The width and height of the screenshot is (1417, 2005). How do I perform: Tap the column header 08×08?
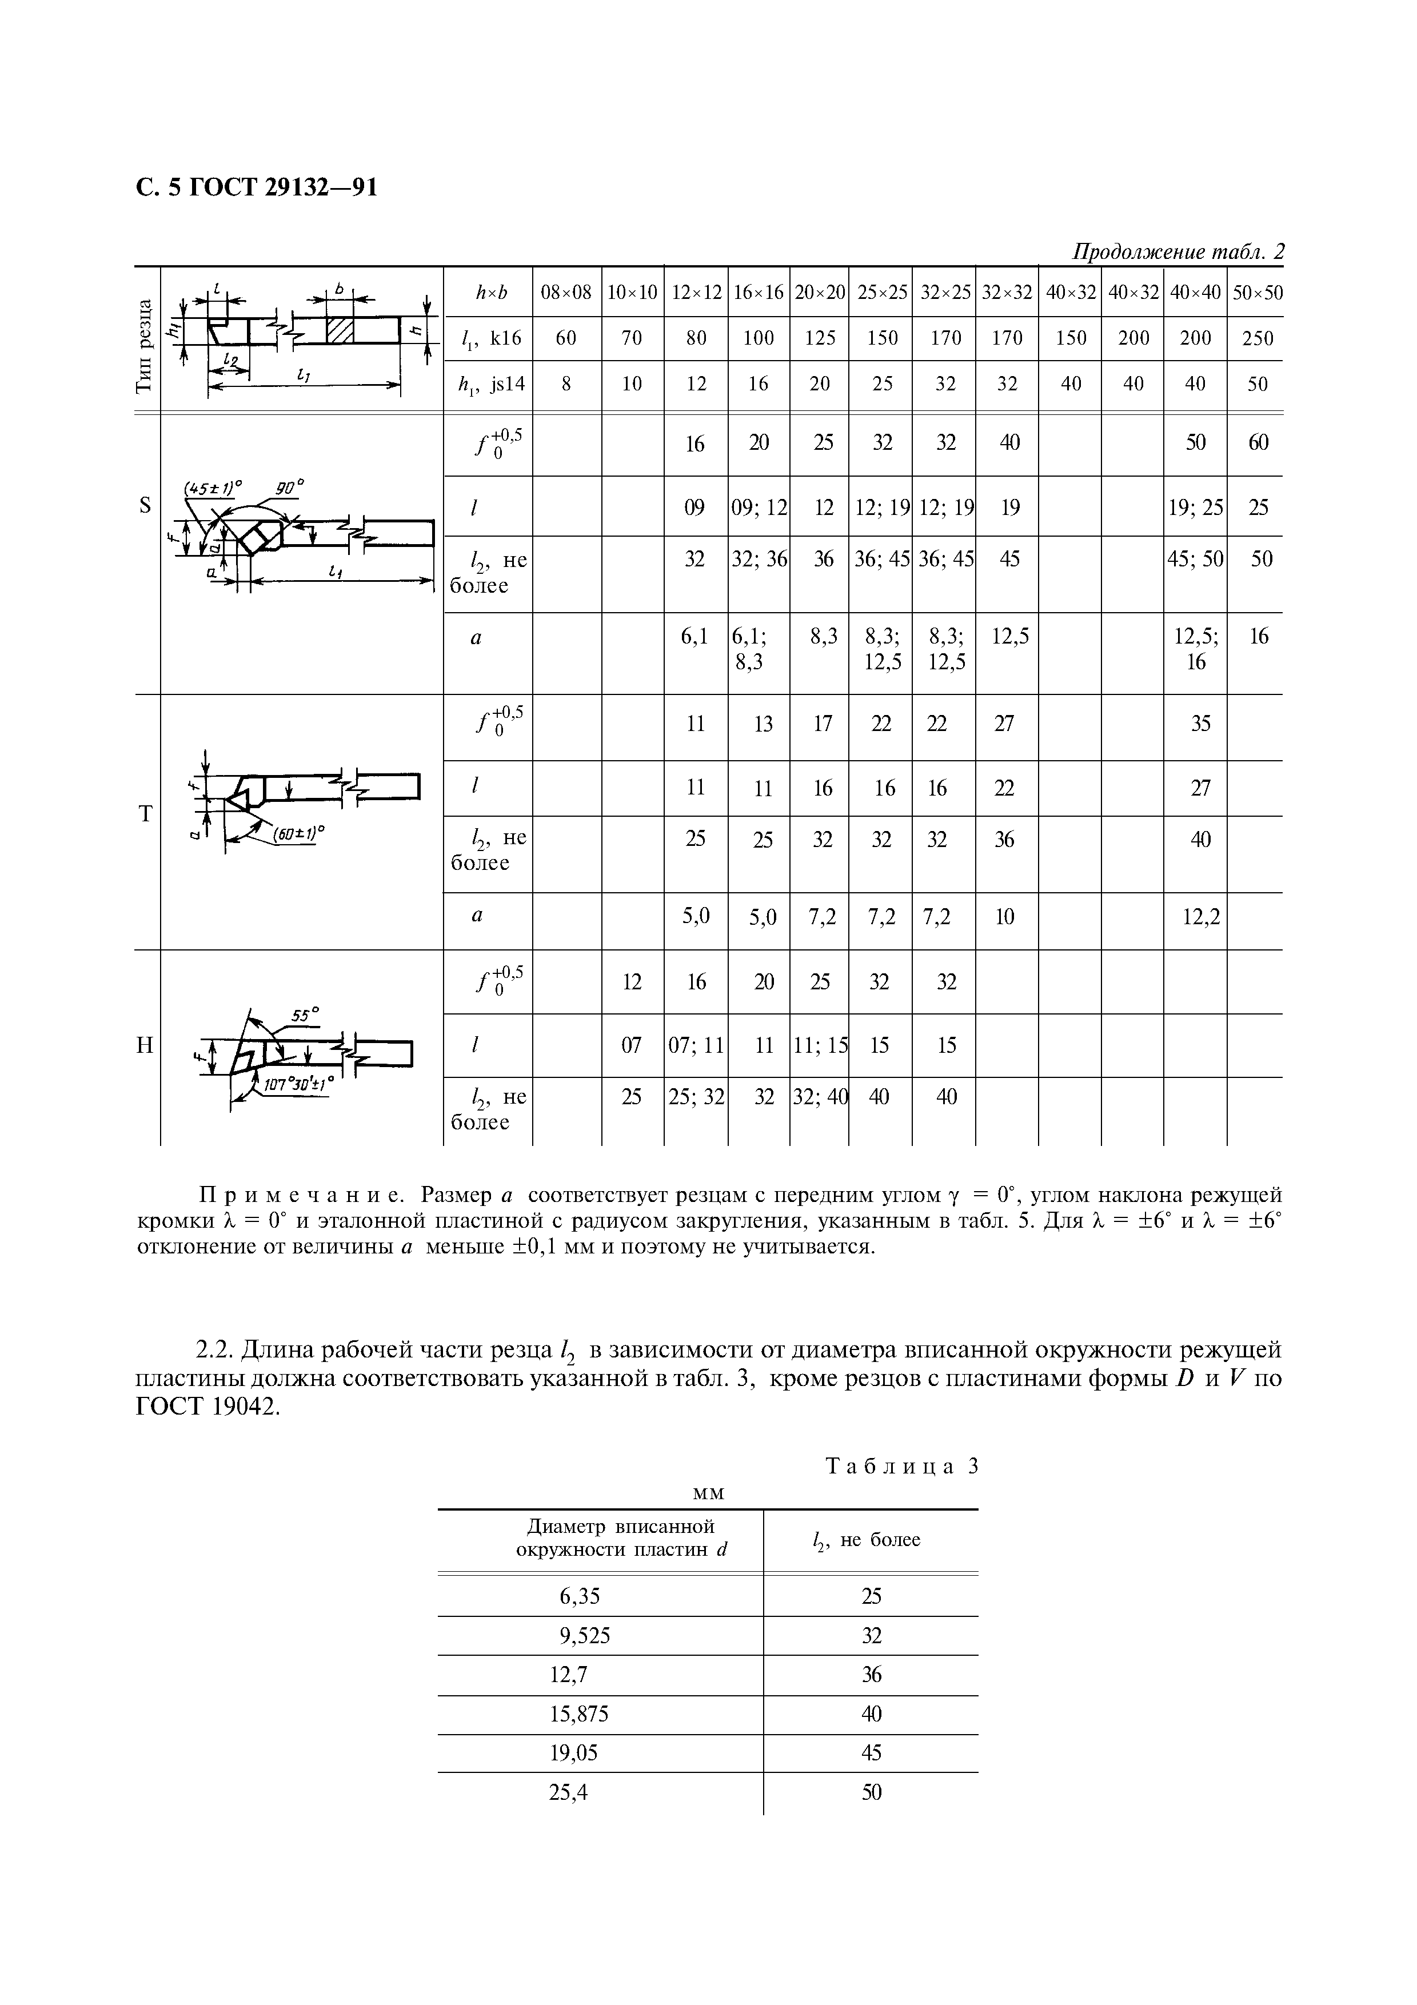(x=566, y=293)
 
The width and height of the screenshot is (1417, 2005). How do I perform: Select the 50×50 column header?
(x=1257, y=293)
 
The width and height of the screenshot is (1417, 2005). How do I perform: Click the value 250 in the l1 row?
(x=1257, y=338)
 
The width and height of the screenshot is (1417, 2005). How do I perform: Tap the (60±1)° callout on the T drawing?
(x=298, y=833)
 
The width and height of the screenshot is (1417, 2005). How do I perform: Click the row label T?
(x=145, y=814)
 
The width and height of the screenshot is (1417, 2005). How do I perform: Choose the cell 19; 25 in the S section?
(x=1195, y=508)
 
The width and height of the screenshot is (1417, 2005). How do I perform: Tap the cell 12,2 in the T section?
(x=1200, y=916)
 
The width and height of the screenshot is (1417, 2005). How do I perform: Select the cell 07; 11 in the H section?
(x=696, y=1045)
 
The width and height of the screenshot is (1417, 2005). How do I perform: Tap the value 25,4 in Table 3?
(x=568, y=1793)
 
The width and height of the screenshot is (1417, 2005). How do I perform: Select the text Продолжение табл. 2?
(x=1177, y=253)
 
